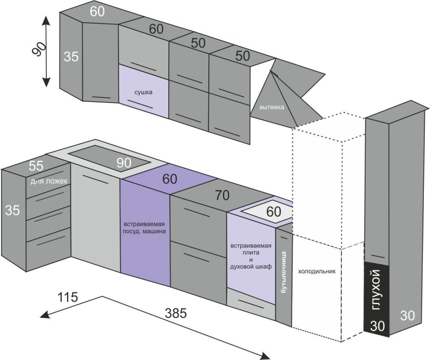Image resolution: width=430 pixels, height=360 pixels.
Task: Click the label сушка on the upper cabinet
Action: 144,93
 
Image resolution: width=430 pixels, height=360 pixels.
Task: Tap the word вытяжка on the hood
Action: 272,107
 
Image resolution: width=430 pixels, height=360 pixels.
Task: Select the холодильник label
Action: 317,272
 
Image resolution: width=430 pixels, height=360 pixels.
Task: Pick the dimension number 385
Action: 176,313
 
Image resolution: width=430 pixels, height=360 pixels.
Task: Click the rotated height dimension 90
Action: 41,49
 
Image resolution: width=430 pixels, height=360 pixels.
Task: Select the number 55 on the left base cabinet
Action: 37,166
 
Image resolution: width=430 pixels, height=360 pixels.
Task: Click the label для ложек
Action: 50,181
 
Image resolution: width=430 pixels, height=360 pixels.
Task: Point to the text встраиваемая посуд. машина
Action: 144,227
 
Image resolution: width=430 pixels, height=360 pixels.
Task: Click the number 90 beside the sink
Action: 124,163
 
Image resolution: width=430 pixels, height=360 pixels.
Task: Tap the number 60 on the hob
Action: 274,212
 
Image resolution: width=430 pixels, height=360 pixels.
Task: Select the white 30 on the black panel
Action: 377,326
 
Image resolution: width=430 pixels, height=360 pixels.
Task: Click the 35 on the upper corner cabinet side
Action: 71,56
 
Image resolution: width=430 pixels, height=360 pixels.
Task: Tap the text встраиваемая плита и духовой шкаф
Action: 251,256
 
